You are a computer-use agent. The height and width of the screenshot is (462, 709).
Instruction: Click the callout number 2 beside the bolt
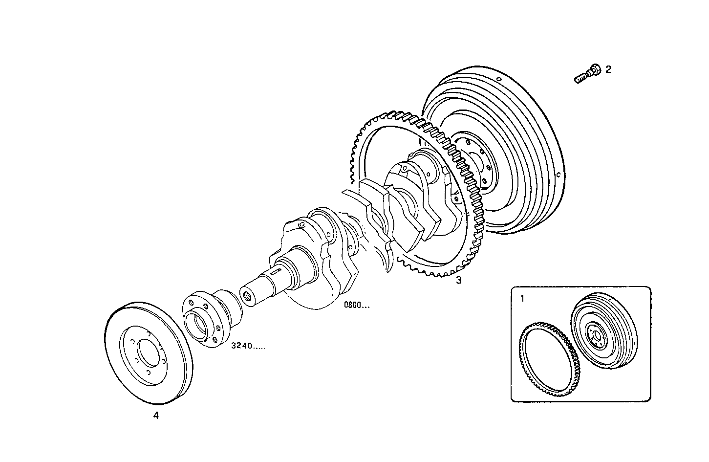click(x=608, y=69)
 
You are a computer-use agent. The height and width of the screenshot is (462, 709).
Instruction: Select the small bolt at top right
click(x=587, y=75)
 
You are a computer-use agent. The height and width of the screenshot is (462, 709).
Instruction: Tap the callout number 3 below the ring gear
click(x=458, y=280)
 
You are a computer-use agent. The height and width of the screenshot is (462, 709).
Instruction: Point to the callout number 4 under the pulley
click(x=156, y=416)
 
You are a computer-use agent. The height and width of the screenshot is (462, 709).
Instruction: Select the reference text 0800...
click(x=357, y=306)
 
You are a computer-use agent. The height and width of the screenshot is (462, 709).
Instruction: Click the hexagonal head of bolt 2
click(x=594, y=70)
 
